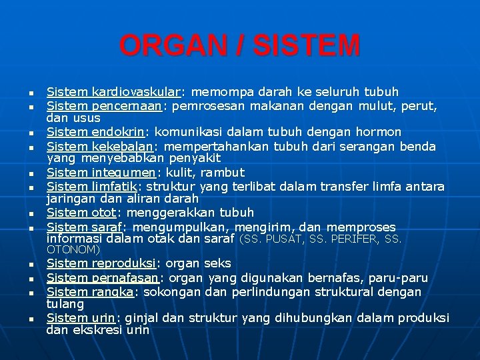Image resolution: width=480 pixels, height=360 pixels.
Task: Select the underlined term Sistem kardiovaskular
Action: pos(113,92)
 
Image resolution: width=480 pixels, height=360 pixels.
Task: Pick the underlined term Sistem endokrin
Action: pos(99,132)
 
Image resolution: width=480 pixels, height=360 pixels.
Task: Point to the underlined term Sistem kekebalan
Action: pos(101,146)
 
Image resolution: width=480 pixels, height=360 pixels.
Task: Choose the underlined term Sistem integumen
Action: pos(102,173)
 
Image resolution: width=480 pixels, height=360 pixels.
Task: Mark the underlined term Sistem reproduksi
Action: pos(101,264)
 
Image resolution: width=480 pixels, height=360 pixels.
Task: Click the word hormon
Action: pos(379,132)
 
